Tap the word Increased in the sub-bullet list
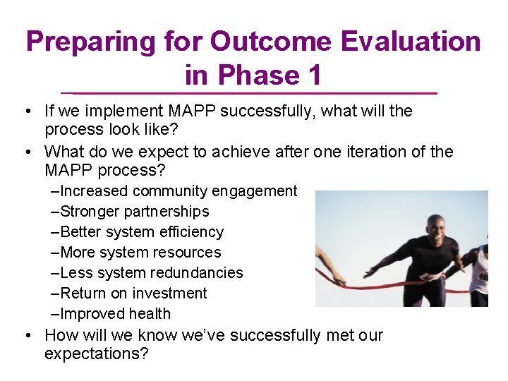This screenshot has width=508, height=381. click(x=95, y=191)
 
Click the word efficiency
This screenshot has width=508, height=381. click(x=190, y=232)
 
